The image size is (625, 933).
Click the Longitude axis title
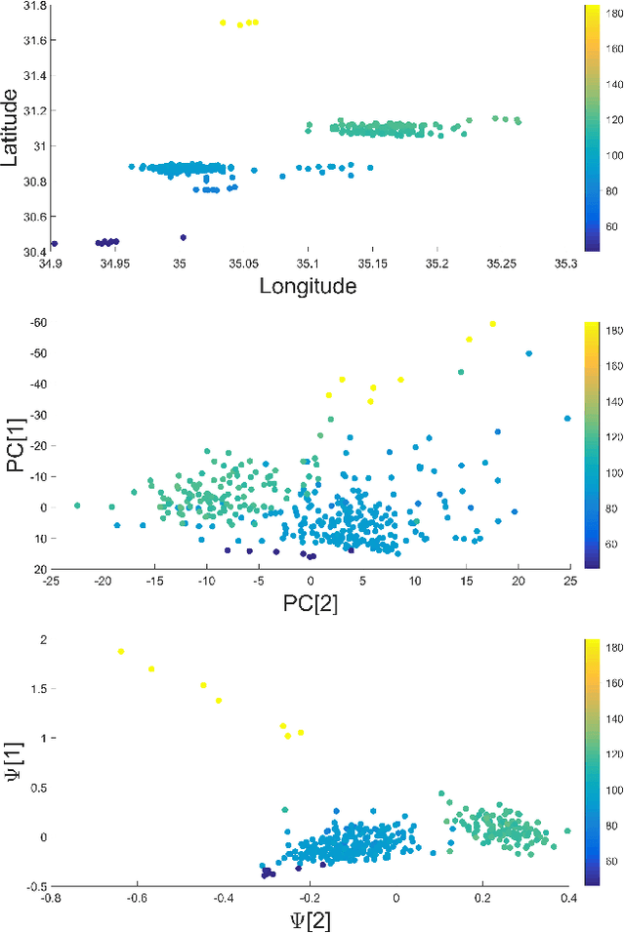pyautogui.click(x=308, y=285)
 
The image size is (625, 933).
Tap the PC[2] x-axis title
pyautogui.click(x=310, y=603)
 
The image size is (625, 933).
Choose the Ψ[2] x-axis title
pyautogui.click(x=310, y=919)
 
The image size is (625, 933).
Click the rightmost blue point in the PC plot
pyautogui.click(x=567, y=419)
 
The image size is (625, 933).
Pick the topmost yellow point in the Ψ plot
pyautogui.click(x=121, y=651)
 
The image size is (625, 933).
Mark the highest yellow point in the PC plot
pyautogui.click(x=493, y=324)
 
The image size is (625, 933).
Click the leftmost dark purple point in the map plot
pyautogui.click(x=54, y=244)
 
